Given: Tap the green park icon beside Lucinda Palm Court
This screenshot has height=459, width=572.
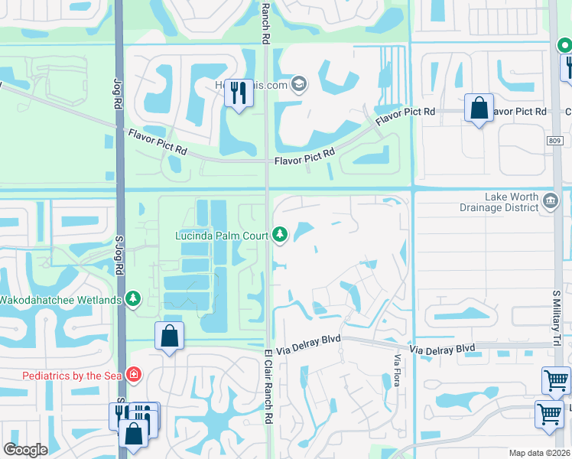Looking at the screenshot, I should [x=280, y=234].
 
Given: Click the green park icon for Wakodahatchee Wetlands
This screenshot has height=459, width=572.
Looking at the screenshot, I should [x=134, y=298].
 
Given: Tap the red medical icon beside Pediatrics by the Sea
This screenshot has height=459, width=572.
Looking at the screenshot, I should [x=134, y=374].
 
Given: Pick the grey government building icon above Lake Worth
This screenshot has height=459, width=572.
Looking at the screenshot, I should [x=549, y=201].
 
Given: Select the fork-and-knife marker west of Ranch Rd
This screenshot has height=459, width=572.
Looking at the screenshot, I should [x=239, y=94].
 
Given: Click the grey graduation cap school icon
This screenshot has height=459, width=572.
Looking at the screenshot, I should [x=300, y=84].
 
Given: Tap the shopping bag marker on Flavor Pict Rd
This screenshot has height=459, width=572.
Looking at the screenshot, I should [x=479, y=109].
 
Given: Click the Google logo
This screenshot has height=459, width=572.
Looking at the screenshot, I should [x=25, y=450].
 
